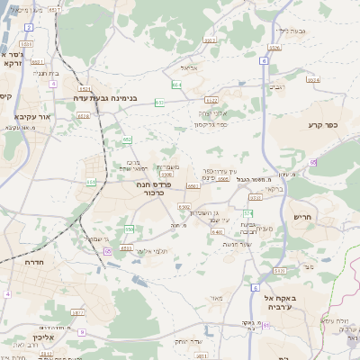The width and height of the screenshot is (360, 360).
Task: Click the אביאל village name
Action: pyautogui.click(x=188, y=67)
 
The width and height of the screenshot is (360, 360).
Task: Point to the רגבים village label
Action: pyautogui.click(x=278, y=86)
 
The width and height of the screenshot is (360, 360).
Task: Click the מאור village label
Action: pyautogui.click(x=214, y=297)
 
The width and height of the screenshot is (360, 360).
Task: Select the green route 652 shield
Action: pyautogui.click(x=128, y=139)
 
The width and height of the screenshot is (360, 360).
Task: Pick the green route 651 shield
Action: pyautogui.click(x=91, y=182)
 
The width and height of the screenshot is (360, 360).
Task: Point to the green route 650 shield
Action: pyautogui.click(x=129, y=229)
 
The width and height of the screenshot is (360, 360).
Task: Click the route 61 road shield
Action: pyautogui.click(x=108, y=251)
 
